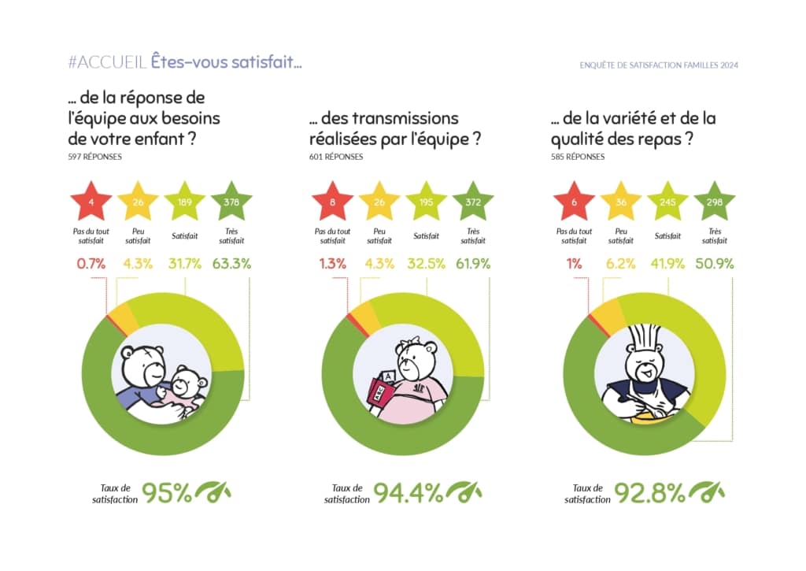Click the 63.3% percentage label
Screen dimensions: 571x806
pyautogui.click(x=231, y=264)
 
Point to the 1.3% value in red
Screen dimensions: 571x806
pyautogui.click(x=333, y=264)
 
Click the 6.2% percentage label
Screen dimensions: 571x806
pyautogui.click(x=620, y=264)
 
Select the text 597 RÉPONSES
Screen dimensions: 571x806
pyautogui.click(x=95, y=157)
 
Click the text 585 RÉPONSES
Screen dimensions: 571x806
pyautogui.click(x=578, y=157)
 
